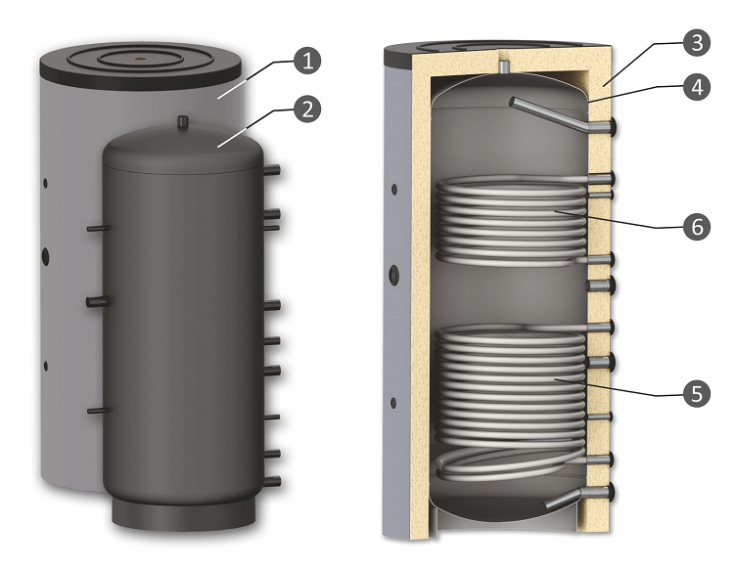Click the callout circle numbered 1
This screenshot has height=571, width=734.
307,61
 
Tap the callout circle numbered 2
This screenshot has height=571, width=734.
307,109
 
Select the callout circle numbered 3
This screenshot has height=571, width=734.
697,43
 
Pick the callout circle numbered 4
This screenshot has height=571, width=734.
697,87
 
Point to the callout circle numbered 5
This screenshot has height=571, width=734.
697,393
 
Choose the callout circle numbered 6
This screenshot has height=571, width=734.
697,227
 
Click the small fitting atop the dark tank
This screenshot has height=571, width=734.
183,122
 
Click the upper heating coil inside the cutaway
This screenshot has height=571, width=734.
510,221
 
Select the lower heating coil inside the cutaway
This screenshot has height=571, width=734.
510,402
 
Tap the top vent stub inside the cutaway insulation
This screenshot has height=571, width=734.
503,66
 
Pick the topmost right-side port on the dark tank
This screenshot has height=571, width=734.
272,170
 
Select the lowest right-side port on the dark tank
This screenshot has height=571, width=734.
272,482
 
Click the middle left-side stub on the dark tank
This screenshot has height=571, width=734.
98,302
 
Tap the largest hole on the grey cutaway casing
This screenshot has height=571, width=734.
394,275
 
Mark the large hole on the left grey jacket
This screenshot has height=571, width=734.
45,255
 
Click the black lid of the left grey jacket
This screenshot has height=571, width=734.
141,66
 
